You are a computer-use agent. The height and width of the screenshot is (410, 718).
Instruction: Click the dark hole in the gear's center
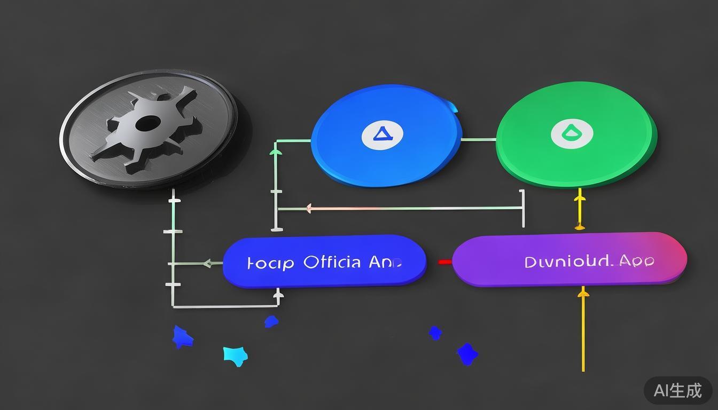pyautogui.click(x=147, y=124)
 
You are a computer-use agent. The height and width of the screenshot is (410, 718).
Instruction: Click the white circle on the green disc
pyautogui.click(x=572, y=133)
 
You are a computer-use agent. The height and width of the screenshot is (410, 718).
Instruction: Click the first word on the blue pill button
pyautogui.click(x=270, y=263)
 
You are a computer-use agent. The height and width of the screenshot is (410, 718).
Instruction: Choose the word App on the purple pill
pyautogui.click(x=636, y=261)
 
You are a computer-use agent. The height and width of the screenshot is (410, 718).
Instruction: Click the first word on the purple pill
pyautogui.click(x=567, y=262)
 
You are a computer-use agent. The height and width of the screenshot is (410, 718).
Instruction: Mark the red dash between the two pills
pyautogui.click(x=444, y=262)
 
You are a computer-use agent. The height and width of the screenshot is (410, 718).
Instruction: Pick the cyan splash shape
pyautogui.click(x=235, y=354)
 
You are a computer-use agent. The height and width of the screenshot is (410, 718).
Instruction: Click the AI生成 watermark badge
pyautogui.click(x=678, y=390)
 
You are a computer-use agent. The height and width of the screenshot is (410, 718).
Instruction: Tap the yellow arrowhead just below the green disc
pyautogui.click(x=580, y=199)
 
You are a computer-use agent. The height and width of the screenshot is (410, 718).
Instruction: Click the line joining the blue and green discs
pyautogui.click(x=479, y=140)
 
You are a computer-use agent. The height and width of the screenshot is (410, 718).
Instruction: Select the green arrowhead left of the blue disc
pyautogui.click(x=276, y=152)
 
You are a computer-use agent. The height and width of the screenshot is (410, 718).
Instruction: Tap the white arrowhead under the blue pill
pyautogui.click(x=278, y=294)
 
